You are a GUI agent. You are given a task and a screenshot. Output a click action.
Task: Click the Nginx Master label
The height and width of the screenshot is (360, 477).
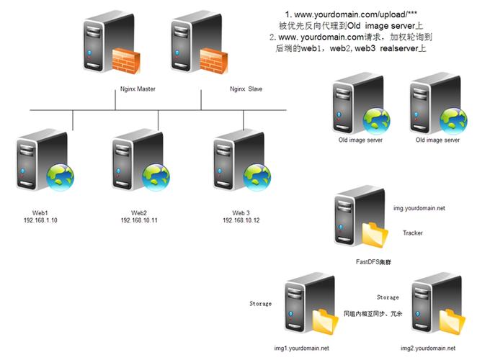(138, 90)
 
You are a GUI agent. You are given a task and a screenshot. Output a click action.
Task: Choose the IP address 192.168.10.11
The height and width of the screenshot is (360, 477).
(139, 219)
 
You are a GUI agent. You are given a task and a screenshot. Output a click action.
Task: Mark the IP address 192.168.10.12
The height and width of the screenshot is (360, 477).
(240, 219)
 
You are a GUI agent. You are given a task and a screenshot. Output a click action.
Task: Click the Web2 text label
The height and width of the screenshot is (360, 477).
(139, 212)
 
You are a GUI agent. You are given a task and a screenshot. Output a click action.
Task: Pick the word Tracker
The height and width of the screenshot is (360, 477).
(413, 233)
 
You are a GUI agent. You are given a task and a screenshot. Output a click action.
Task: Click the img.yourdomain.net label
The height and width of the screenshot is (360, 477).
(419, 208)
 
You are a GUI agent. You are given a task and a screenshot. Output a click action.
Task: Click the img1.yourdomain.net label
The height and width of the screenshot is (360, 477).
(303, 347)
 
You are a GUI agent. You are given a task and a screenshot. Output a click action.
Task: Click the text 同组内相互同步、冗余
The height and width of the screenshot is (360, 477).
(373, 314)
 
